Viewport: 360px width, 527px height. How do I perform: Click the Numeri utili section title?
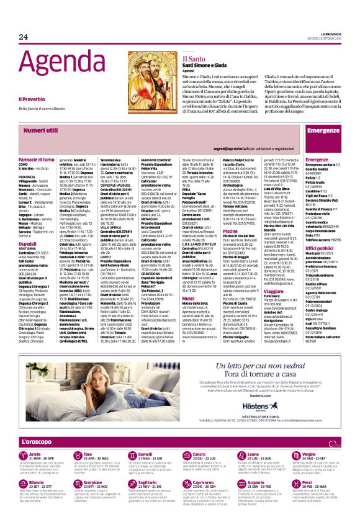41,130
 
